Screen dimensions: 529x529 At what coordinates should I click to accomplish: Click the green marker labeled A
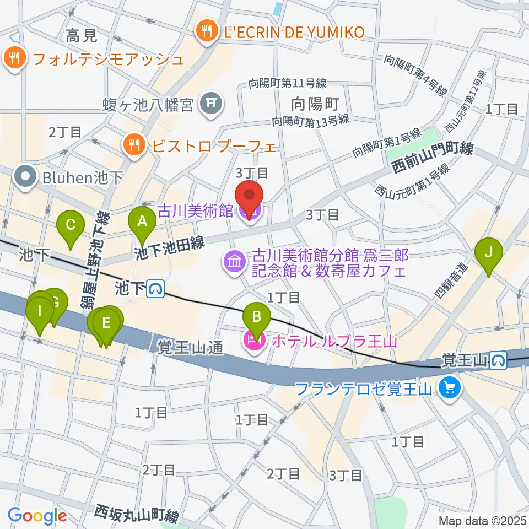[142, 223]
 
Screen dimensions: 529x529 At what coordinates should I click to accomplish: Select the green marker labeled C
[71, 226]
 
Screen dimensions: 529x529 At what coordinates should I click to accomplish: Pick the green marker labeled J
[488, 253]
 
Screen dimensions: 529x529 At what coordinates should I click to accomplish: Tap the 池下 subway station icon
[158, 288]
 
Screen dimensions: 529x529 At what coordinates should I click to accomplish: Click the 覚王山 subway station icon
[500, 361]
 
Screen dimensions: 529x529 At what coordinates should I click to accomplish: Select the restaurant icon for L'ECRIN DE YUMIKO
[207, 31]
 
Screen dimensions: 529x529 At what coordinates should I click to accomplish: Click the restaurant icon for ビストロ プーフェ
[133, 146]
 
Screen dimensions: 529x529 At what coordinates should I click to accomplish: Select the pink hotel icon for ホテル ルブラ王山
[254, 342]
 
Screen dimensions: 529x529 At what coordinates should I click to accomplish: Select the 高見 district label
[81, 36]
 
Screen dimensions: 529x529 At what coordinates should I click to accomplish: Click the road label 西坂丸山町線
[136, 514]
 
